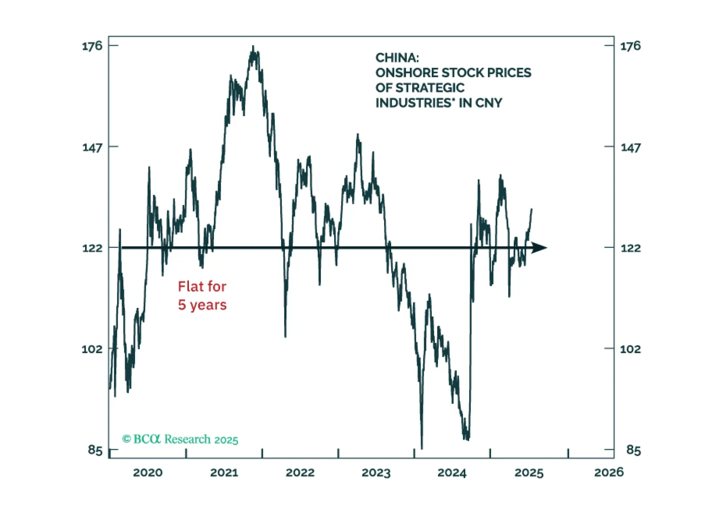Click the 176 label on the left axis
tap(92, 46)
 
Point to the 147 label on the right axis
tap(630, 147)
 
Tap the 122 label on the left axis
tap(92, 248)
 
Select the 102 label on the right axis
tap(630, 349)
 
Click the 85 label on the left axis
tap(95, 450)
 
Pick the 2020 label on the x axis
tap(148, 473)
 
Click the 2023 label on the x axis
tap(376, 473)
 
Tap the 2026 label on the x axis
tap(609, 473)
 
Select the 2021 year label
tap(224, 473)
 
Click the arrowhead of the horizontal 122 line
tap(540, 248)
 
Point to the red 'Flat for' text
tap(202, 287)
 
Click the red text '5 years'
tap(202, 305)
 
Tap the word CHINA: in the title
tap(397, 58)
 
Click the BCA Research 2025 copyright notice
tap(180, 440)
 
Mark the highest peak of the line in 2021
tap(253, 47)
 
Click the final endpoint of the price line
tap(532, 209)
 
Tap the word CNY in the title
tap(489, 103)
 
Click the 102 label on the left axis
tap(92, 349)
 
